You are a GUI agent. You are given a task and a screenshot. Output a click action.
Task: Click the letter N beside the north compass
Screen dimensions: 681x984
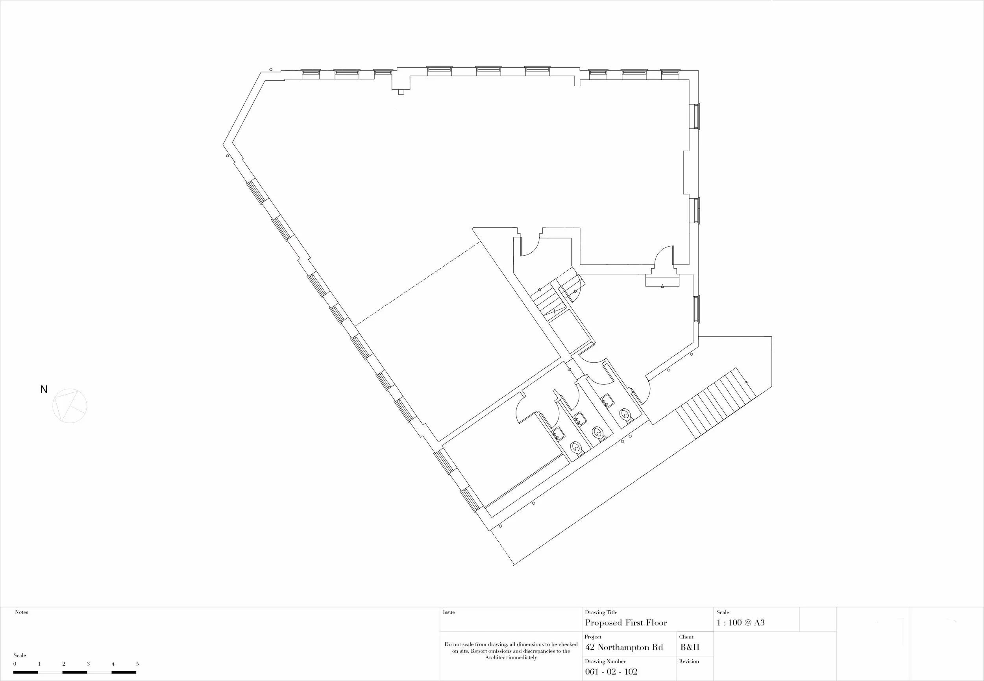44,389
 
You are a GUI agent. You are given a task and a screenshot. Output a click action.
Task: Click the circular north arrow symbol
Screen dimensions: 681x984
70,406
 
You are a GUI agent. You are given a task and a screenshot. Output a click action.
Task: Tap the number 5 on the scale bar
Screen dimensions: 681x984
137,664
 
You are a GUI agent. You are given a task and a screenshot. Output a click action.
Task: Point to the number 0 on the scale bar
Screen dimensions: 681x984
15,664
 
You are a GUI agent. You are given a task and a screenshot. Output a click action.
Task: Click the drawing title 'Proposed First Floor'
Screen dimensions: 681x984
626,623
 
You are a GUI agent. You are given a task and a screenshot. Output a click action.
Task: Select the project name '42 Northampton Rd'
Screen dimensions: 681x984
624,647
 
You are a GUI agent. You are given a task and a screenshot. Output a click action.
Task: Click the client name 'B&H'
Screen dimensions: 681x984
690,647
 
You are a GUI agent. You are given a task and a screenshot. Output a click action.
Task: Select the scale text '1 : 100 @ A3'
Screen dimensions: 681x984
741,622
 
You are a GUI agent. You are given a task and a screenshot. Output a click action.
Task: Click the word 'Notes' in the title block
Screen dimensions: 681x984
21,612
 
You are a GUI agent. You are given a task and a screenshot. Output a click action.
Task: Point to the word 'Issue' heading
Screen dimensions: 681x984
449,612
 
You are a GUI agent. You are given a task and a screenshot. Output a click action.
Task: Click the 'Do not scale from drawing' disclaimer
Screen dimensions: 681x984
511,651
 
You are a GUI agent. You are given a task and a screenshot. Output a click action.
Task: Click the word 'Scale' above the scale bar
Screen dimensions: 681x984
20,655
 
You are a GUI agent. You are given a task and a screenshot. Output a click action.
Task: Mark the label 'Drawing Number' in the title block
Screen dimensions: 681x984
605,661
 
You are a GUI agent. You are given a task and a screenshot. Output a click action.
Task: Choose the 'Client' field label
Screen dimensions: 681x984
686,637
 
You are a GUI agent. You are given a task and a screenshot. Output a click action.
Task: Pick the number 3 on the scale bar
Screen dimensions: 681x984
89,664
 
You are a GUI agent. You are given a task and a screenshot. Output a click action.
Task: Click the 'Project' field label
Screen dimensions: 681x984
593,637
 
